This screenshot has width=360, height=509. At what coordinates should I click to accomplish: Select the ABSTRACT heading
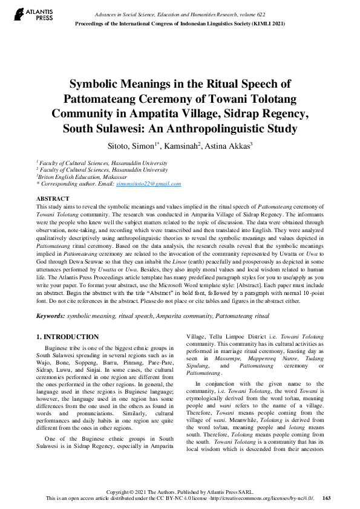(53, 198)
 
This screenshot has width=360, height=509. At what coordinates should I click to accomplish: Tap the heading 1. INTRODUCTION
(67, 337)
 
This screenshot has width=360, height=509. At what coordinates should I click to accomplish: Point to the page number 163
(327, 498)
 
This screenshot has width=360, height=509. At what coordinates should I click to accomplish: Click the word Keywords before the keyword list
(50, 316)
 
